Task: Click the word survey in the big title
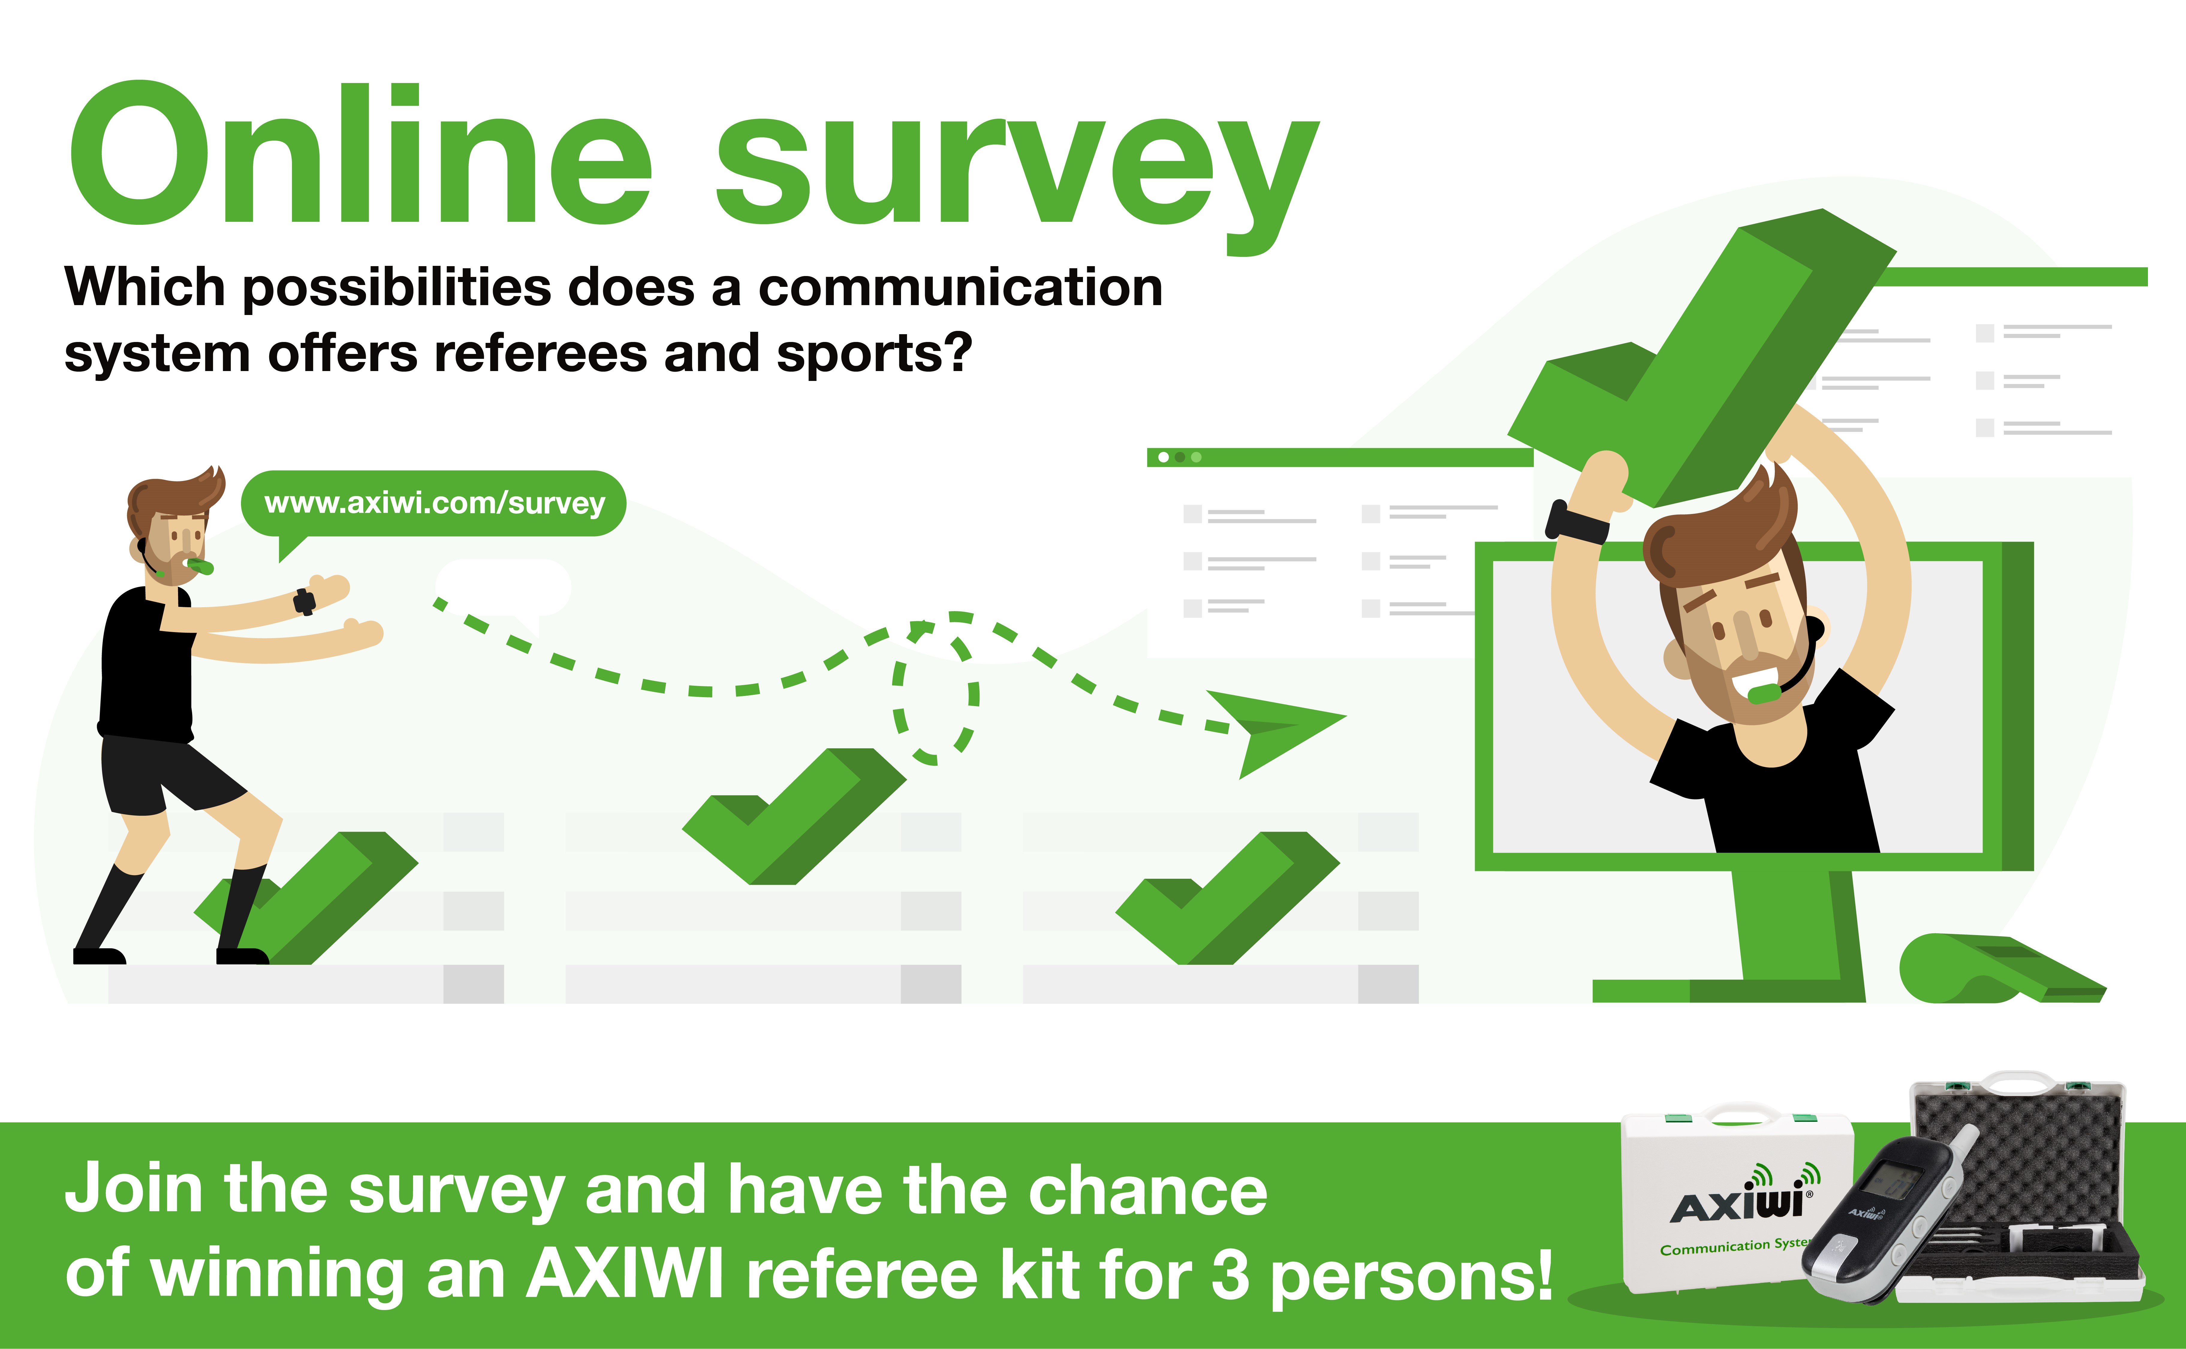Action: click(1017, 174)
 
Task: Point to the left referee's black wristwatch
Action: click(304, 602)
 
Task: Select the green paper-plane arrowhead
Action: click(1276, 732)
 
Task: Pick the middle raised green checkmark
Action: click(794, 816)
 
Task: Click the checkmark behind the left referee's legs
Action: click(308, 897)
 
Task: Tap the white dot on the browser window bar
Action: click(1164, 458)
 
